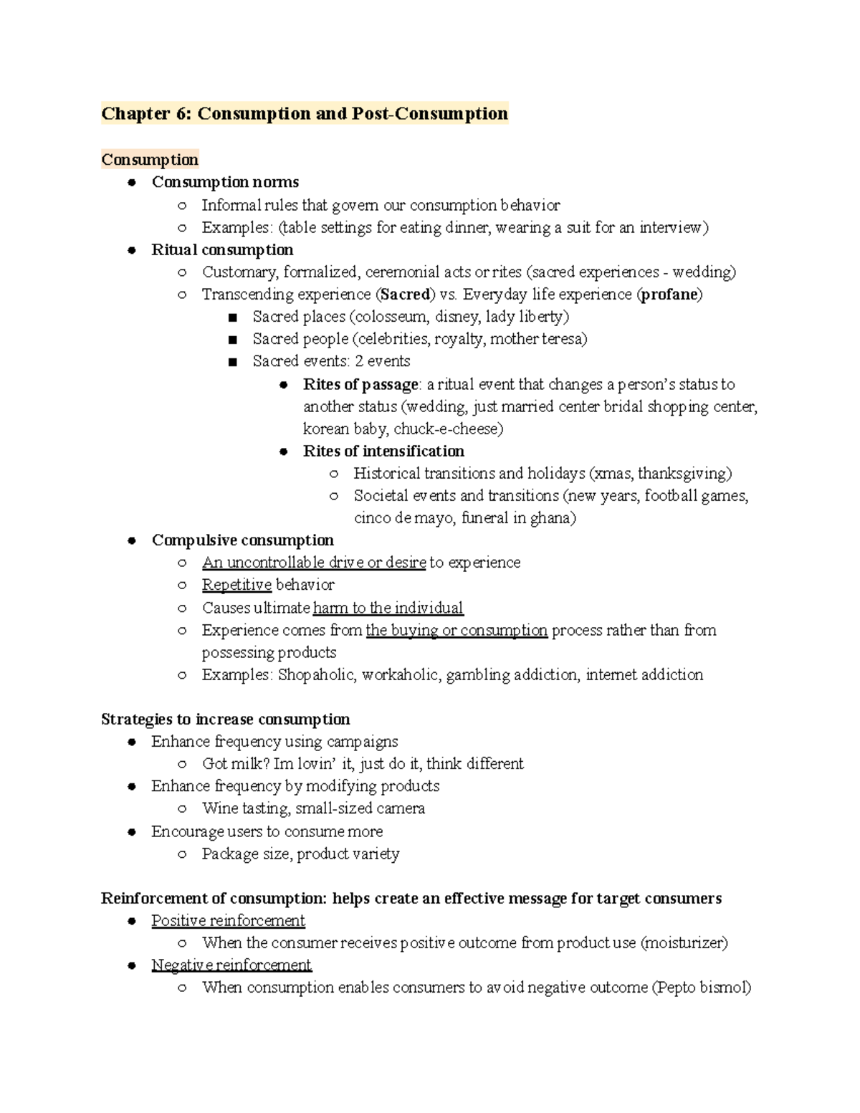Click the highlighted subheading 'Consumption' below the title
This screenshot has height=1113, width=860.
(150, 160)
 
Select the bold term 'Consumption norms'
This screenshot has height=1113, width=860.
(225, 182)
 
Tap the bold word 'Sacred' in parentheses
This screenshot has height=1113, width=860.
(406, 295)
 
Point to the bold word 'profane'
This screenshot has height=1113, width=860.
(669, 295)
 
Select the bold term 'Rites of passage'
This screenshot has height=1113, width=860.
(360, 385)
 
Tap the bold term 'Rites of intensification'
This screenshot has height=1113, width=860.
(383, 452)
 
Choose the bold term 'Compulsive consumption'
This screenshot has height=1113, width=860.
(242, 540)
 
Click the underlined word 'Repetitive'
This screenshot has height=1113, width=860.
(236, 585)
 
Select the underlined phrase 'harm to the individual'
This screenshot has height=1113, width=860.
(388, 608)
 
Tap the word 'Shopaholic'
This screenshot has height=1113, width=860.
(315, 675)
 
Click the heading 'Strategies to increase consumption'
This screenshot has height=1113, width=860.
(226, 720)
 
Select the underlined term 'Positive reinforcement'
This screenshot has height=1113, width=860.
(228, 921)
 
